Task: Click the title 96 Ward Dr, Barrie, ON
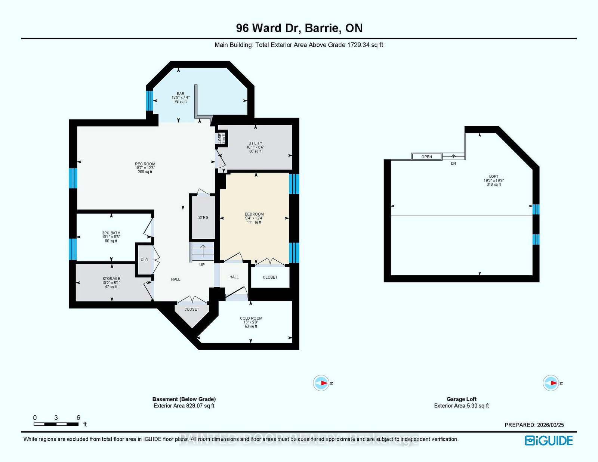pos(299,28)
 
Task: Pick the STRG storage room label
pos(203,217)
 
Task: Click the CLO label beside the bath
pos(144,260)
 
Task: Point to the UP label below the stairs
pos(202,265)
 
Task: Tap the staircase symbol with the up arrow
pos(202,251)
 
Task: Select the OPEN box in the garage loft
pos(426,157)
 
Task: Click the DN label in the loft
pos(453,164)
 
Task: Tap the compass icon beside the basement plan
pos(321,383)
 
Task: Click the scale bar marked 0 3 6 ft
pos(56,424)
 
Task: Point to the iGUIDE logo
pos(549,441)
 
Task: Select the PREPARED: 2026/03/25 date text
pos(534,425)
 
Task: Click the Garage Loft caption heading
pos(461,399)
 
